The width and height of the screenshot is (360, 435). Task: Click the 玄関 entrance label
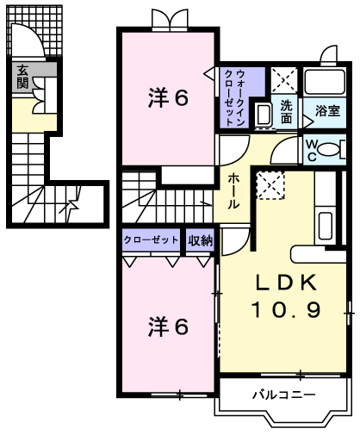pos(22,77)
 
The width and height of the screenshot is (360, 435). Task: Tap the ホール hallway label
pos(233,191)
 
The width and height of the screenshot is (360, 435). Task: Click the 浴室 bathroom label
pos(326,110)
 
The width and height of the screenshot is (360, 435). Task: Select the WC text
pos(312,150)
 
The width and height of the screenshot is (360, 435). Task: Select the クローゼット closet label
pos(151,240)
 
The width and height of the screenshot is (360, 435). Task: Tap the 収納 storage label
pos(200,240)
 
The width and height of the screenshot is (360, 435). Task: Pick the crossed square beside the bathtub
pos(284,80)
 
